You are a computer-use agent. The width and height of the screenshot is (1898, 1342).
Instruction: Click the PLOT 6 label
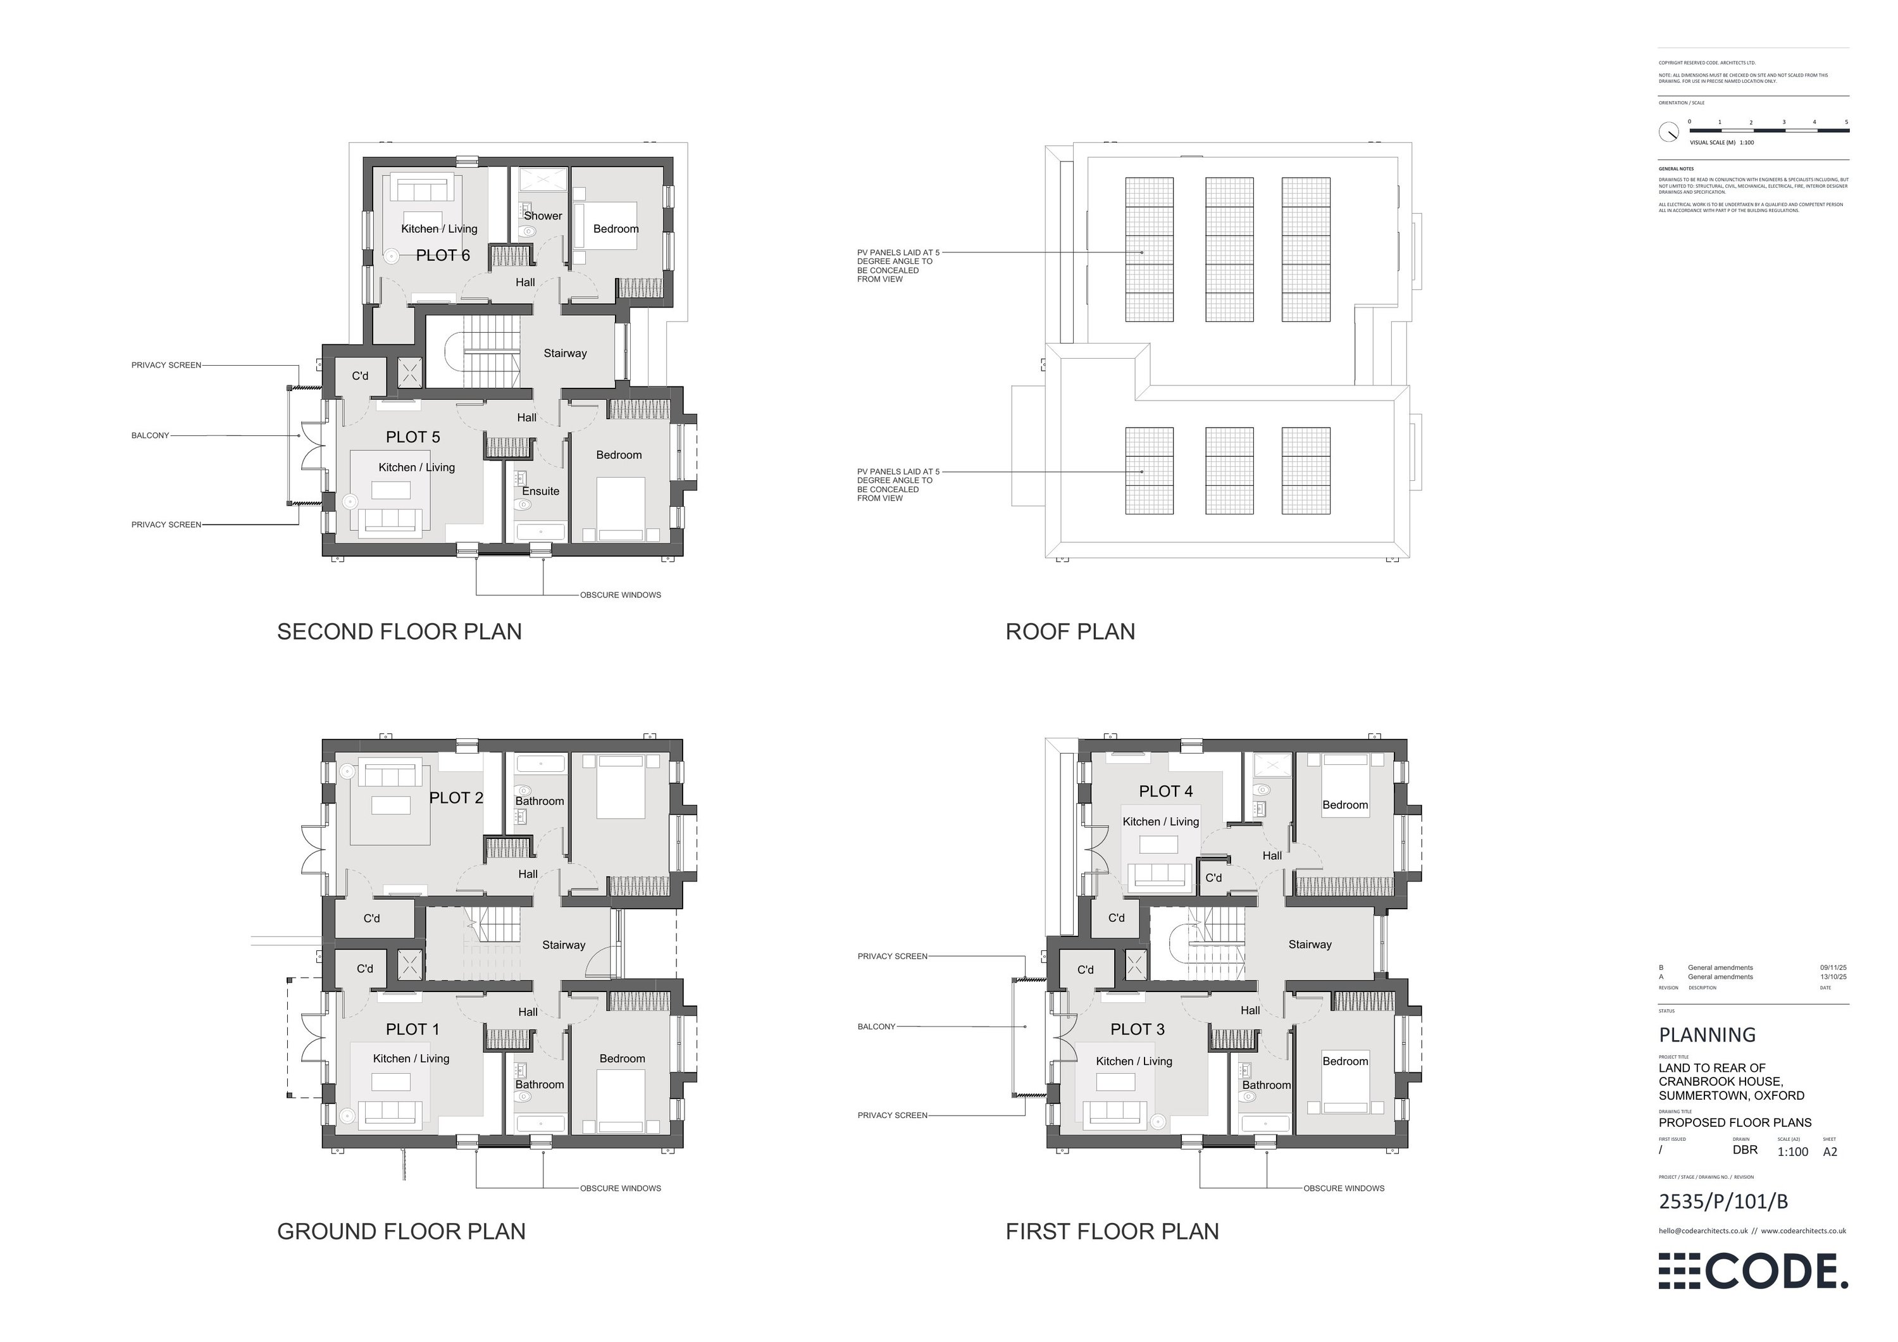(442, 256)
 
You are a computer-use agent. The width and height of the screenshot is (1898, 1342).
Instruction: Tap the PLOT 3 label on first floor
(1138, 1029)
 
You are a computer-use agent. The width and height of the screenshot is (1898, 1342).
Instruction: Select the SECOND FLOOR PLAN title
(399, 631)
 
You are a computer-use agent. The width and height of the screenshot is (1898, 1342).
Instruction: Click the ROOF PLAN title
(1070, 631)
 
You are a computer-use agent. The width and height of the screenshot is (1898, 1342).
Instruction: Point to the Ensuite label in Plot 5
(541, 491)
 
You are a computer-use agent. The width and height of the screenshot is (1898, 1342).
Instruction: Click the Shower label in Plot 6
(543, 216)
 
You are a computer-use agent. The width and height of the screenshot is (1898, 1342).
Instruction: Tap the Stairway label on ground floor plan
(564, 945)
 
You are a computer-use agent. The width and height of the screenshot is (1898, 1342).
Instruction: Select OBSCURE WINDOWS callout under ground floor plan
(620, 1188)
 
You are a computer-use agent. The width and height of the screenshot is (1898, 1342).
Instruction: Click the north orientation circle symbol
(1669, 132)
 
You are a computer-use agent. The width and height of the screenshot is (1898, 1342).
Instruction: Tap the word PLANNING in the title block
(1707, 1035)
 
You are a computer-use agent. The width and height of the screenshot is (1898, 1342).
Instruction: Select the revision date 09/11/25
(1833, 967)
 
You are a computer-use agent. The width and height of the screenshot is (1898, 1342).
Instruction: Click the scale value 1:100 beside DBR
(1793, 1152)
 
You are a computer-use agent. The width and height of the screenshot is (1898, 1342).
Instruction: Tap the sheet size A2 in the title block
(1830, 1152)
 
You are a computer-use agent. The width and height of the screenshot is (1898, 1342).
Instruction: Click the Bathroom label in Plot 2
(540, 801)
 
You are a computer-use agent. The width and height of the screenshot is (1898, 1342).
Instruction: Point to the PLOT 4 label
(1165, 792)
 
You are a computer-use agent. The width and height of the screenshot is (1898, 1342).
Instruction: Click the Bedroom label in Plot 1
(622, 1059)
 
